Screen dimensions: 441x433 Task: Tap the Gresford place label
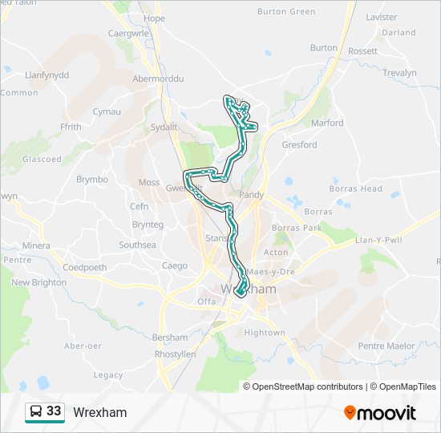[299, 145]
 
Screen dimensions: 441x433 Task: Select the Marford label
[327, 123]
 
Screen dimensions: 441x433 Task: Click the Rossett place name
[362, 51]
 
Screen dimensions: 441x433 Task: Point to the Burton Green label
[286, 12]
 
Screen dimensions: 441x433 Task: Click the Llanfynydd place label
[47, 75]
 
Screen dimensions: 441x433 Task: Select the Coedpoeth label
[85, 267]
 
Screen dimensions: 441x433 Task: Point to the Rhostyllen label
[174, 354]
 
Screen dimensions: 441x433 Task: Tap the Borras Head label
[355, 188]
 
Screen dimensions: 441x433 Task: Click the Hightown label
[265, 332]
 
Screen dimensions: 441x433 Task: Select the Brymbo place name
[92, 180]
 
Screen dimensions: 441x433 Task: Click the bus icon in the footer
[35, 412]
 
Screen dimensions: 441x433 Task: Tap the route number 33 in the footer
[54, 411]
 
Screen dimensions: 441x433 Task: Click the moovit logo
[380, 413]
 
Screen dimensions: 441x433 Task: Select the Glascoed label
[42, 159]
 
